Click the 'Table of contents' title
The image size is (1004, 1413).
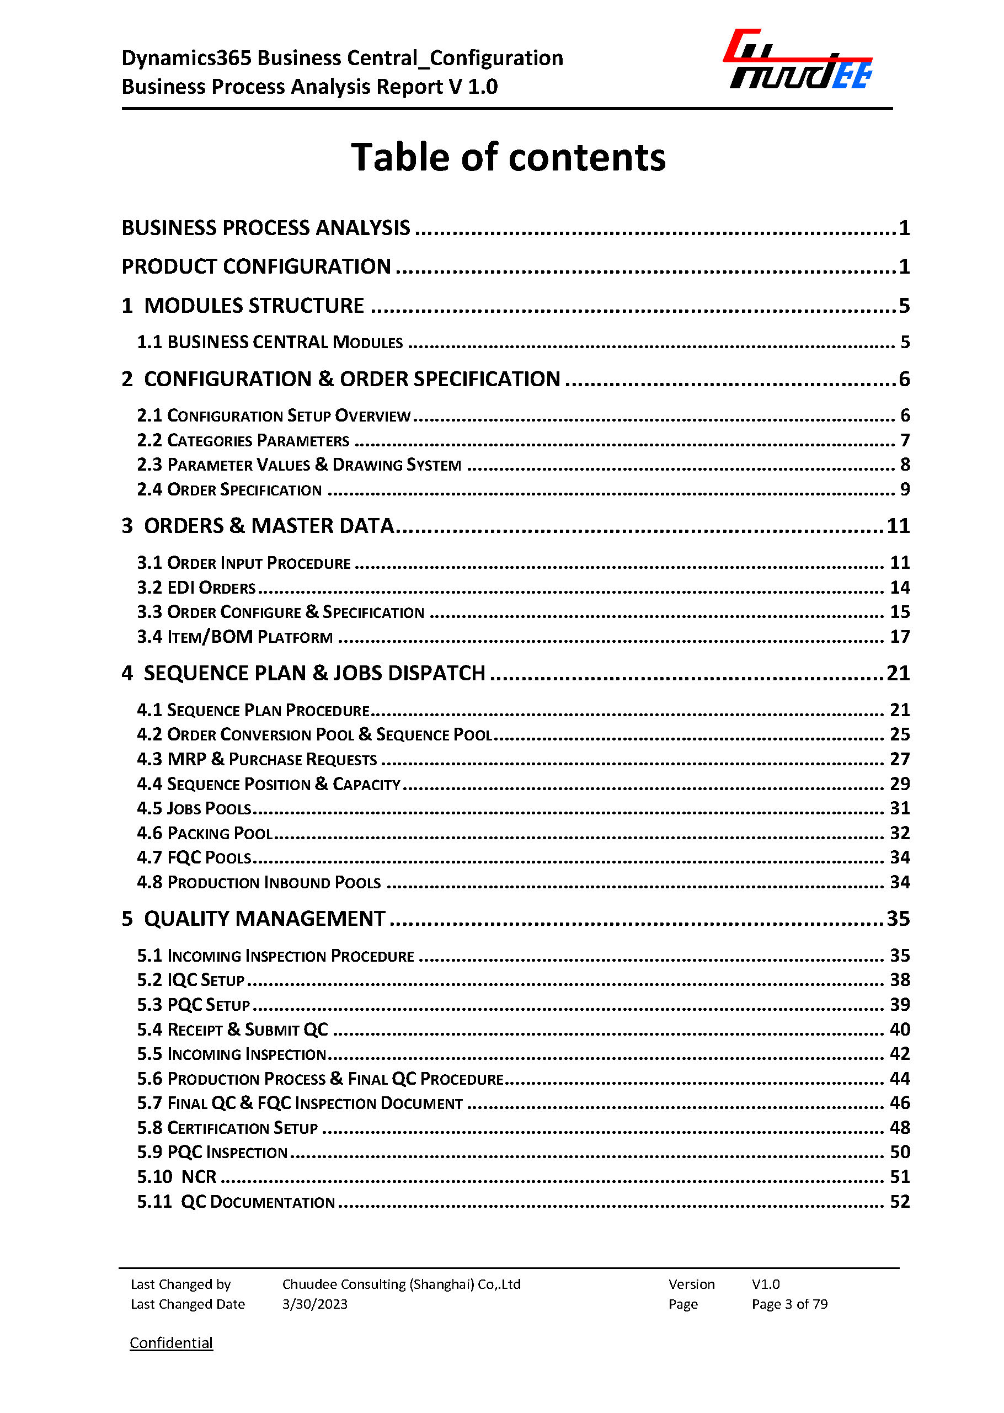(508, 157)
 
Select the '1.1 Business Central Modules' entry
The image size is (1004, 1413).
(270, 342)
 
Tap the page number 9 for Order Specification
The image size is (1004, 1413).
(905, 489)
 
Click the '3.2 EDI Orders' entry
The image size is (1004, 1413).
(196, 588)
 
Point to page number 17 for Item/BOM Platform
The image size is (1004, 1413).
(900, 636)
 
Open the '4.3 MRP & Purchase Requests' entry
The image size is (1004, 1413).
(257, 759)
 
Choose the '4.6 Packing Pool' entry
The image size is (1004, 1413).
(205, 833)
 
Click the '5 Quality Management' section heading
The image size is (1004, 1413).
(253, 919)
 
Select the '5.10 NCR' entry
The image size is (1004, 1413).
(177, 1176)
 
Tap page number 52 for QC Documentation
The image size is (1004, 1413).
(900, 1201)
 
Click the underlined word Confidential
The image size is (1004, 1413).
(171, 1342)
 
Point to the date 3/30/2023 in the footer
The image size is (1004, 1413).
(314, 1304)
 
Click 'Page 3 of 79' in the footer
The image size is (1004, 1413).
(789, 1304)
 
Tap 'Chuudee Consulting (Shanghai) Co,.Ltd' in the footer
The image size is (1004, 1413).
(401, 1284)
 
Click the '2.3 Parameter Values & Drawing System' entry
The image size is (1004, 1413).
(299, 465)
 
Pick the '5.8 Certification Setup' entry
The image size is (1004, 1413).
(227, 1127)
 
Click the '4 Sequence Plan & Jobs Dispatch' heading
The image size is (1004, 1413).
(303, 673)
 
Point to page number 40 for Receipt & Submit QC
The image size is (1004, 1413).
(900, 1029)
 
